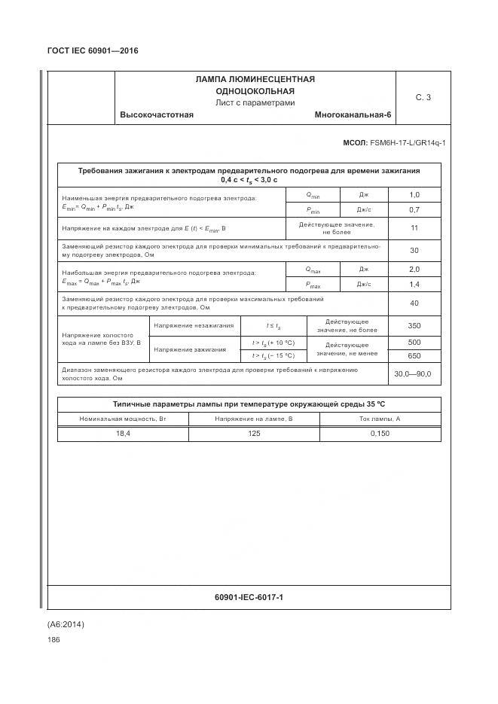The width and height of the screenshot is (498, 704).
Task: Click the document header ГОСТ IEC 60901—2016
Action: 93,51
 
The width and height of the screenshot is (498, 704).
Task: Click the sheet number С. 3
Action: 423,97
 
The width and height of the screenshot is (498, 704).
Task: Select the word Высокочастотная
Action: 157,114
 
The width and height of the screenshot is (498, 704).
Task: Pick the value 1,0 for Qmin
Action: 414,195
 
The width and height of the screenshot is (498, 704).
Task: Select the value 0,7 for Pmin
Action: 414,210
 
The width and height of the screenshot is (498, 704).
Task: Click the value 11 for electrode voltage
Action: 414,228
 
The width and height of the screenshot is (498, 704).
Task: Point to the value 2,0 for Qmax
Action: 414,269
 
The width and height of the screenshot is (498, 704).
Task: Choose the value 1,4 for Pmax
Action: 414,285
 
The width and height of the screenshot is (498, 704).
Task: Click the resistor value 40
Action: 414,303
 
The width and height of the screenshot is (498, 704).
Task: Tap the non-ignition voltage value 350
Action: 414,325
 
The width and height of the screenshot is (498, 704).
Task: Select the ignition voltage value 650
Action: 414,355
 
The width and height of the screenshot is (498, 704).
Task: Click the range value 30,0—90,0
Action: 414,373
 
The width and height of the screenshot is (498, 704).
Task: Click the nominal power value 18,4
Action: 123,434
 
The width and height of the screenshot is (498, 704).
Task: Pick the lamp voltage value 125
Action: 254,434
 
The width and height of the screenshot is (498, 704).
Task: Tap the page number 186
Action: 53,639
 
